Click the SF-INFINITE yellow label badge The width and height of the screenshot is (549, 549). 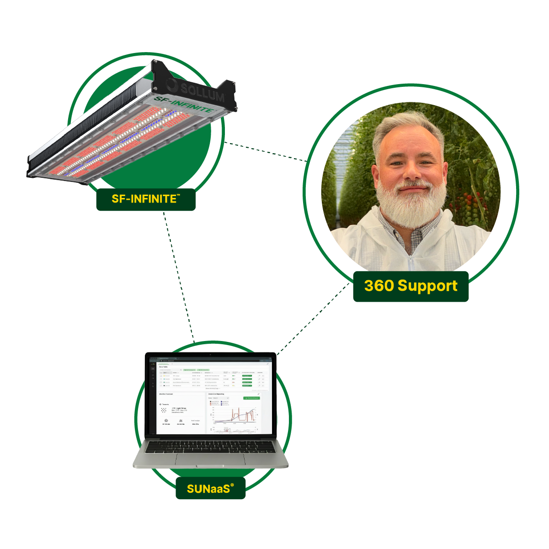pyautogui.click(x=146, y=199)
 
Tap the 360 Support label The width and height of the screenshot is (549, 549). pyautogui.click(x=410, y=286)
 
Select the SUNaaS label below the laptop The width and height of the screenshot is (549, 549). pyautogui.click(x=210, y=489)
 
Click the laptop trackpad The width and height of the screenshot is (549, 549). pyautogui.click(x=210, y=460)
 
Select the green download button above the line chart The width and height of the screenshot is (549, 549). pyautogui.click(x=251, y=398)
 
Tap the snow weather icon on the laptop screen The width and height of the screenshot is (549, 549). pyautogui.click(x=163, y=410)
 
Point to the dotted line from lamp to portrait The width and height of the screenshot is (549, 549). pyautogui.click(x=265, y=152)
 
